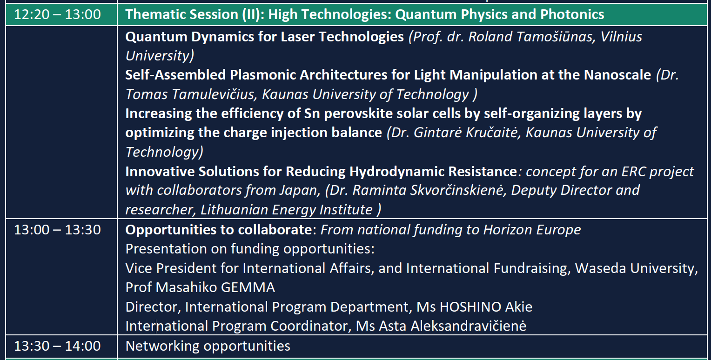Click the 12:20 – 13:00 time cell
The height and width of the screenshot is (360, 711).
click(x=57, y=14)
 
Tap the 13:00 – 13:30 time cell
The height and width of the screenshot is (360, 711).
click(x=57, y=230)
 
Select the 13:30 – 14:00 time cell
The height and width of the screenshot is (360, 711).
click(x=57, y=346)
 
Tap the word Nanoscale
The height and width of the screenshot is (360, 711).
click(x=617, y=75)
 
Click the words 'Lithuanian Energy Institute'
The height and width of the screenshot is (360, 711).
click(x=286, y=210)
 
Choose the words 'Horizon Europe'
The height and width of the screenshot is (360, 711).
click(x=532, y=230)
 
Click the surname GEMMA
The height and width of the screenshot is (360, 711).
click(x=248, y=287)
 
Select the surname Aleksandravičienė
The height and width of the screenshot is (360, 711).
click(x=468, y=326)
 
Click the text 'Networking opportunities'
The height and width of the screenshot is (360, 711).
click(x=208, y=346)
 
